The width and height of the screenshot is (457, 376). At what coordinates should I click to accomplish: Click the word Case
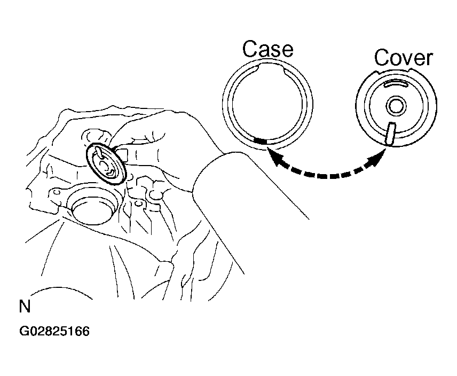pos(267,49)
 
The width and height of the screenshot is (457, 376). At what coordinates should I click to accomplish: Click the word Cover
pos(404,58)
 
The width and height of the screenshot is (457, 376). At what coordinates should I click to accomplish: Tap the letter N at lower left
pos(25,307)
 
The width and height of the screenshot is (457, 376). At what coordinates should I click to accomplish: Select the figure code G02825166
pos(54,332)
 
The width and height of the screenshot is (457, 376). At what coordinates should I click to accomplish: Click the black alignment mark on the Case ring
pos(261,141)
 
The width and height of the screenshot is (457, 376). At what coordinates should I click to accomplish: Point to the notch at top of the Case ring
pos(271,68)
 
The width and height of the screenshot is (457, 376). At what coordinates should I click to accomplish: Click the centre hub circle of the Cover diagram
pos(396,106)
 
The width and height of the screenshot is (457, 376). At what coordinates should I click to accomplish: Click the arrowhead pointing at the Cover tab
pos(377,159)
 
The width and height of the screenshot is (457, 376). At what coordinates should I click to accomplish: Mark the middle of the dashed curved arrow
pos(326,176)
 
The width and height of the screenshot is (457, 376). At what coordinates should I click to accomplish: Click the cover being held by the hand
pos(106,163)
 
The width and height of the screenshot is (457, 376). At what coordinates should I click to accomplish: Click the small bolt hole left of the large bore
pos(57,193)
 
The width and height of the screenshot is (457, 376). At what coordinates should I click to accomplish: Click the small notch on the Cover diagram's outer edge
pos(411,70)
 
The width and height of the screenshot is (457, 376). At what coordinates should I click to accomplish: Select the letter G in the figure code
pos(24,332)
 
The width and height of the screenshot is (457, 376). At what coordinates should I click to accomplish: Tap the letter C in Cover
pos(381,58)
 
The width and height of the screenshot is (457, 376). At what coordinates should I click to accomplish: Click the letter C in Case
pos(249,49)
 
